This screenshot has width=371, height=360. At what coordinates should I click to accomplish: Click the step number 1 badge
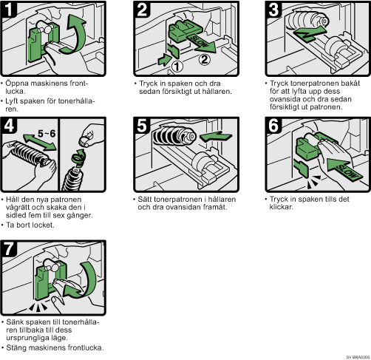(x=9, y=10)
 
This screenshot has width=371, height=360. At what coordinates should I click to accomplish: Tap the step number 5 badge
(x=142, y=126)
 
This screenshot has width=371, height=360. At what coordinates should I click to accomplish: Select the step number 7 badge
(x=9, y=248)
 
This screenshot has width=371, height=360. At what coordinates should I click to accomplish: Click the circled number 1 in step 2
(x=177, y=66)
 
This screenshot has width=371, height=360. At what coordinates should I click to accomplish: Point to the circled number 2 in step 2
(x=205, y=59)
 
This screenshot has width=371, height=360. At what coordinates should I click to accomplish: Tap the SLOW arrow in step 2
(x=201, y=43)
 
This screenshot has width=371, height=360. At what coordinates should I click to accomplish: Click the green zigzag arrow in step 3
(x=310, y=34)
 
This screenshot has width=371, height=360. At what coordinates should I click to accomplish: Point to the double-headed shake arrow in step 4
(x=40, y=142)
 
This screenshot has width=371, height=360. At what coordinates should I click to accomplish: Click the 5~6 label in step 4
(x=47, y=133)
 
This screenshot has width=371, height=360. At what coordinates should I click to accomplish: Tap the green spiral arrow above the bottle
(x=79, y=158)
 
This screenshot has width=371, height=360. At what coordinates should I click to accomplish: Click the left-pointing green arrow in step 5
(x=216, y=136)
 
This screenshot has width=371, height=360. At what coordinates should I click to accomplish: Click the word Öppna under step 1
(x=16, y=84)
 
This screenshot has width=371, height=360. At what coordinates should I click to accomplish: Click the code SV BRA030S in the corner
(x=358, y=357)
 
